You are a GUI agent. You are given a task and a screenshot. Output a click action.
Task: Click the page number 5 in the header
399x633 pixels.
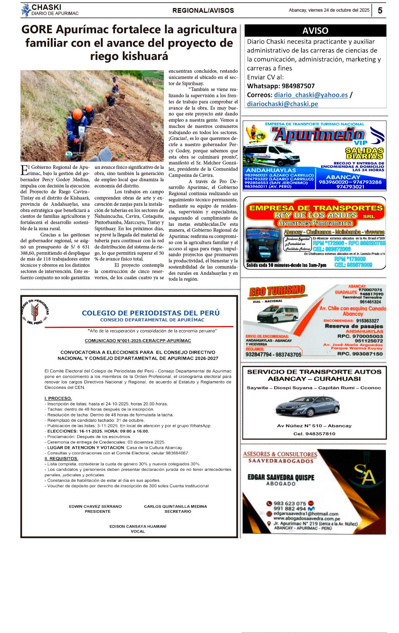380,10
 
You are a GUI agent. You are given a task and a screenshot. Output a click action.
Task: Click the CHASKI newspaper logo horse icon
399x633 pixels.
26,10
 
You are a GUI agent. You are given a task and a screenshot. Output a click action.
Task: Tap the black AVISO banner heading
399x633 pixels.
315,31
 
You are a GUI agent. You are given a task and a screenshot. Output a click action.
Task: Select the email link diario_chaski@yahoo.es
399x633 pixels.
311,95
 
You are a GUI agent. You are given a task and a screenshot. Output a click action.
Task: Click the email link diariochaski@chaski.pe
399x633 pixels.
282,104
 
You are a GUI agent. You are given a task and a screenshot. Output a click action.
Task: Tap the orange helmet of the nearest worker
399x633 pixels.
77,114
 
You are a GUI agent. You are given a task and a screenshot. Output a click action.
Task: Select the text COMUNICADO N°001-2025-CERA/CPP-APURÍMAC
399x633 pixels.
138,341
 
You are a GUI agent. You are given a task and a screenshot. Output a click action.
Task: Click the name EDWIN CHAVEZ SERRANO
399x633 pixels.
95,507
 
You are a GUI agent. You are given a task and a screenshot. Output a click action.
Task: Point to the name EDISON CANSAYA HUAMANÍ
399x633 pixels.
138,526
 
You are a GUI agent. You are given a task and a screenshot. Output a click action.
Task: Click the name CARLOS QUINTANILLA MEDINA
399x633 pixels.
175,507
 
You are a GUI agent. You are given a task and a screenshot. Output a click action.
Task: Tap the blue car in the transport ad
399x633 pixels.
308,406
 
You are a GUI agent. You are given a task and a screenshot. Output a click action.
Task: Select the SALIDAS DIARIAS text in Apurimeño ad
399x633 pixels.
364,153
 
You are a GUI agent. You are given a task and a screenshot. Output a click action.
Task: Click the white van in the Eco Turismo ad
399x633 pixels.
277,314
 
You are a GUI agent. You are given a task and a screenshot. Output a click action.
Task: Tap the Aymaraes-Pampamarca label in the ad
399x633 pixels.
315,223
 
